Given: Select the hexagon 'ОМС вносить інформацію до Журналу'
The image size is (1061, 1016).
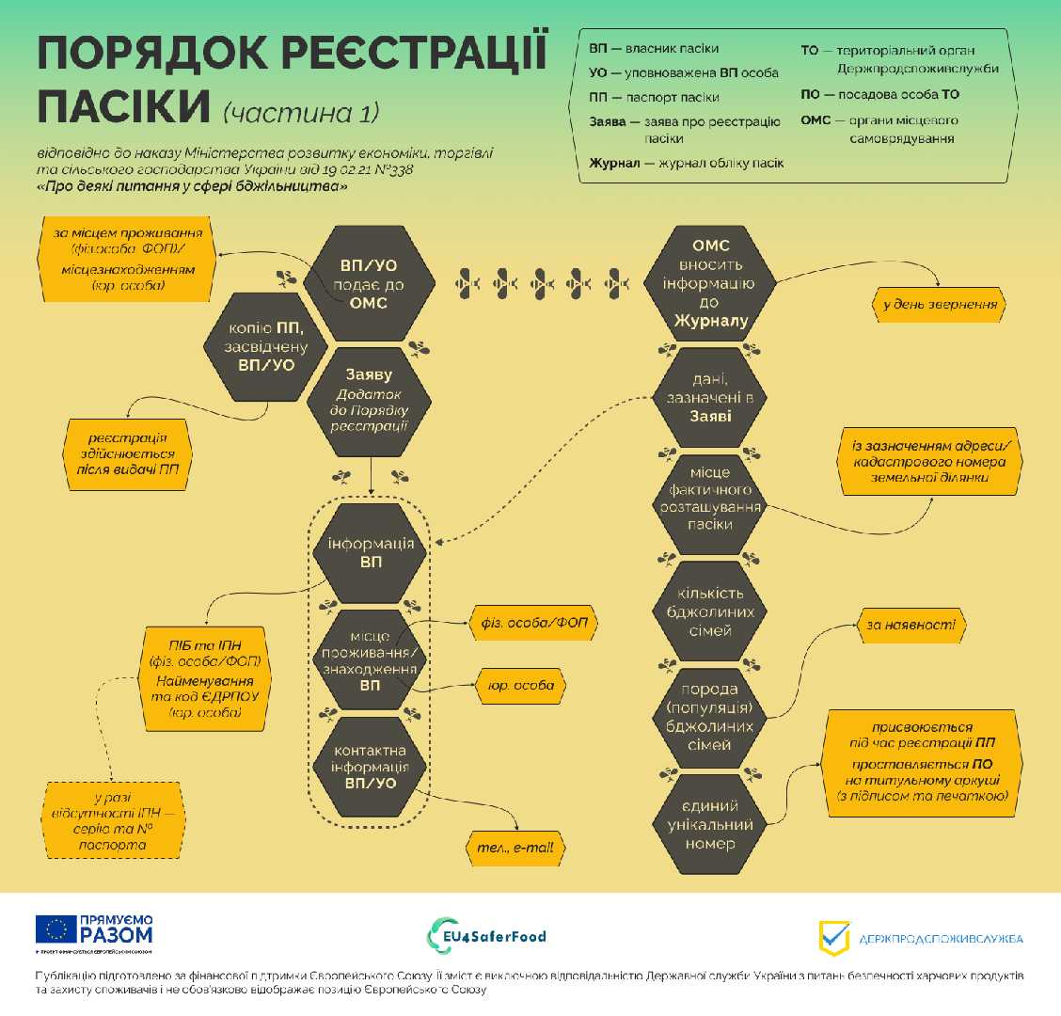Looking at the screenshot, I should [710, 284].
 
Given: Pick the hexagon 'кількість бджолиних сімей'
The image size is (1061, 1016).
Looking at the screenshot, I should [710, 611].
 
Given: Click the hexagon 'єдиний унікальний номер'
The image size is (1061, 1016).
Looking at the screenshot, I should [710, 824].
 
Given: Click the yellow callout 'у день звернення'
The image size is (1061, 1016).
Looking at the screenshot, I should [939, 305].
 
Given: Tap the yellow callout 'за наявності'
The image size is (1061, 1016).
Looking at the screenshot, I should [912, 625].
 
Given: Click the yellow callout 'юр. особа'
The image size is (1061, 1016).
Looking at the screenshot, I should [520, 686].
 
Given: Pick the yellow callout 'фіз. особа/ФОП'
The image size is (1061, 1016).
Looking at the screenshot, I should [533, 623].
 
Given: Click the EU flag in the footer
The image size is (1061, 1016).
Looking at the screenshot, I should [56, 929].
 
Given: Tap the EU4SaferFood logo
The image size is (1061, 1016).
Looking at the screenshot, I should [486, 937].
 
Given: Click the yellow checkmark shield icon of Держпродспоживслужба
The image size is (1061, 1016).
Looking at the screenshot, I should [833, 937].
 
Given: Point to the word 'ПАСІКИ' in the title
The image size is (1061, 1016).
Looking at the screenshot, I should [122, 106].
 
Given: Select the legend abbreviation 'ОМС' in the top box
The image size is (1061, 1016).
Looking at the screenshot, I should [816, 120].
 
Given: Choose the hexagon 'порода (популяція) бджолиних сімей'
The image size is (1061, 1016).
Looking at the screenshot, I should [710, 717].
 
